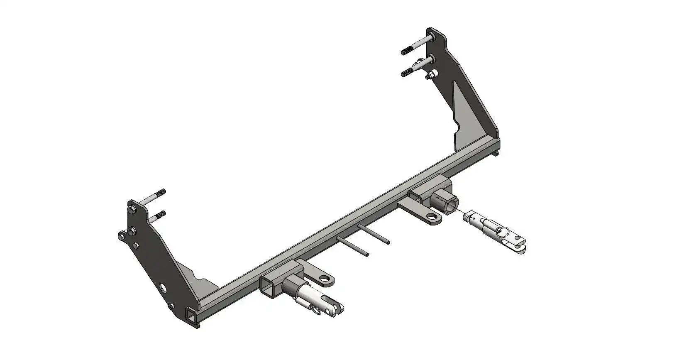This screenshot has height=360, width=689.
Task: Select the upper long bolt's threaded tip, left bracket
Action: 161,193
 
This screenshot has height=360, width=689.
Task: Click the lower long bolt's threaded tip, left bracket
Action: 161,215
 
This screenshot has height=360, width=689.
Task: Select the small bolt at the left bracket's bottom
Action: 171,306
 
